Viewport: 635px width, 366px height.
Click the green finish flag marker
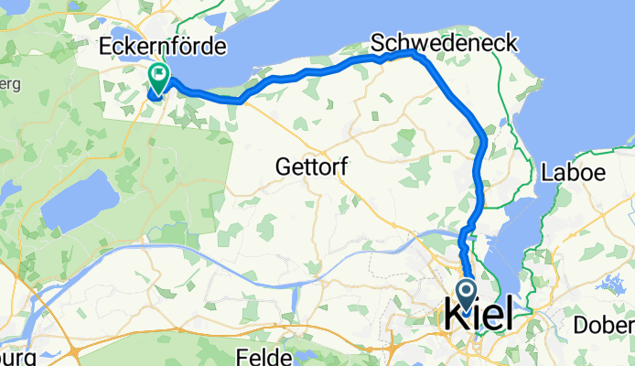pyautogui.click(x=158, y=80)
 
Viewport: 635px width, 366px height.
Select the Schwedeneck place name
pyautogui.click(x=443, y=43)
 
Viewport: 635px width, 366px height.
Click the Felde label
pyautogui.click(x=263, y=355)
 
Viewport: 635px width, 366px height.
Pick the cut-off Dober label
pyautogui.click(x=603, y=326)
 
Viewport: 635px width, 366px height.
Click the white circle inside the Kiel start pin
pyautogui.click(x=466, y=292)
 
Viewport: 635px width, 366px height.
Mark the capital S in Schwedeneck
pyautogui.click(x=376, y=43)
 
